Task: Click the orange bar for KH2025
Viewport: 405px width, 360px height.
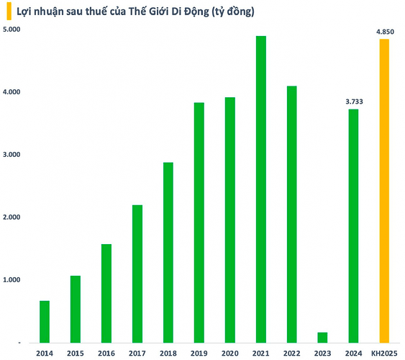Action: [x=384, y=191]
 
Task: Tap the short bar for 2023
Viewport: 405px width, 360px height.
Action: [x=322, y=337]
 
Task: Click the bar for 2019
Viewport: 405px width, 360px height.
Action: [x=199, y=222]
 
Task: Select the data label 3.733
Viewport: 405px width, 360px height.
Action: [x=353, y=102]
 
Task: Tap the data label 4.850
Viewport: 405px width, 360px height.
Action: [x=384, y=32]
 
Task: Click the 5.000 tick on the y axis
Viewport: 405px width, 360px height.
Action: [x=12, y=30]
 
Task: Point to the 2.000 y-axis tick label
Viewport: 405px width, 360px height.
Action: [x=12, y=217]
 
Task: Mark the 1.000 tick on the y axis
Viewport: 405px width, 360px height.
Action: [x=12, y=280]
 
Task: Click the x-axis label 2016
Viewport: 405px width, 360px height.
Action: [x=106, y=353]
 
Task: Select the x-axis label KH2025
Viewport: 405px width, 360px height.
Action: [x=384, y=353]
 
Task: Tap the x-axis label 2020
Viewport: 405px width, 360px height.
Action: [x=229, y=353]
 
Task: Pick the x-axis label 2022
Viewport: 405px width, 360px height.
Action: [x=291, y=353]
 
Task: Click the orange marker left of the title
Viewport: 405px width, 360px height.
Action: [x=8, y=12]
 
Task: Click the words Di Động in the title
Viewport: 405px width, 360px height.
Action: [x=187, y=12]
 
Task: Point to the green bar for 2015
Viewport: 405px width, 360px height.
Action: [x=76, y=309]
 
